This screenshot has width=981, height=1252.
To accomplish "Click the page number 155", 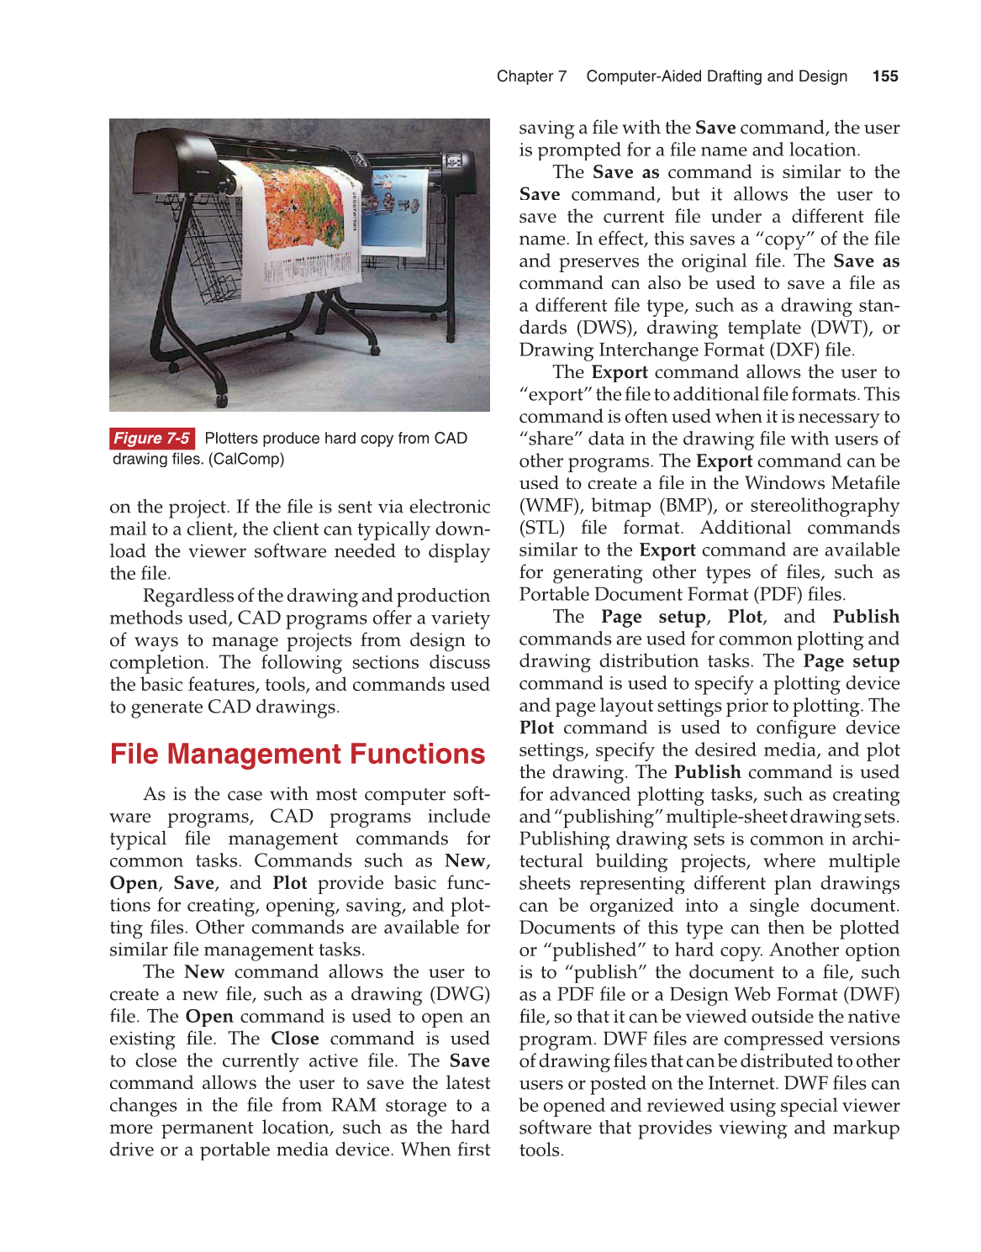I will [x=885, y=76].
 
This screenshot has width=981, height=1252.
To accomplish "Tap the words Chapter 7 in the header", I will [x=531, y=76].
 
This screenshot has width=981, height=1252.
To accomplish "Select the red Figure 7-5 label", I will [x=152, y=438].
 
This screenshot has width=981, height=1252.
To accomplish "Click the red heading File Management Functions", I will [x=298, y=754].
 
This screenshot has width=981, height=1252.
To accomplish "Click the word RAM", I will [x=353, y=1105].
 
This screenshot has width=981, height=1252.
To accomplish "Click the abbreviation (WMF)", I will [x=551, y=506].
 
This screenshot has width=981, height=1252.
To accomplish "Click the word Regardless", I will [x=187, y=596].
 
